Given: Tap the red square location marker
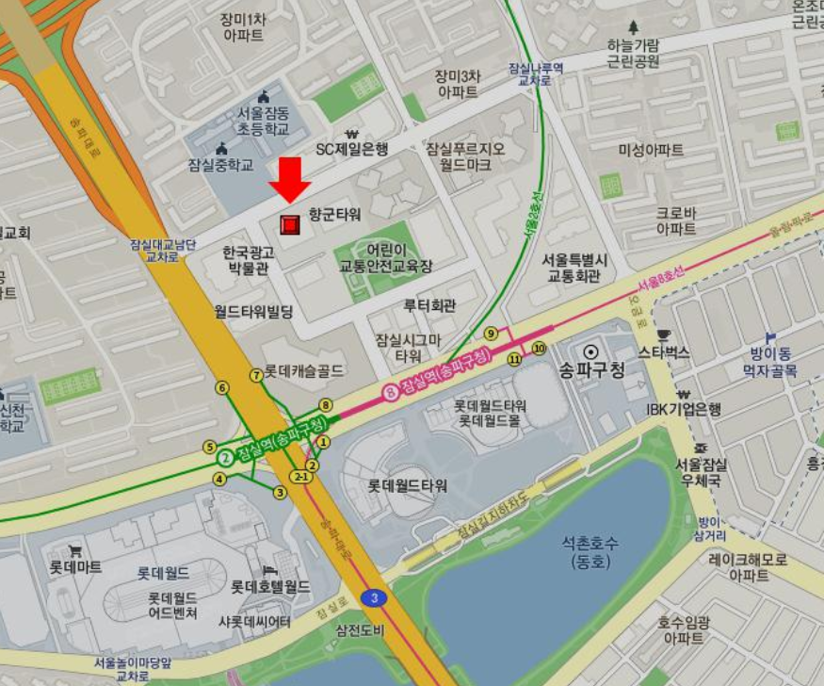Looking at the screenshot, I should [x=290, y=224].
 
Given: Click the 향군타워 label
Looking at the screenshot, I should [x=334, y=215].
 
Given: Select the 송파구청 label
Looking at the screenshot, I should [x=592, y=369].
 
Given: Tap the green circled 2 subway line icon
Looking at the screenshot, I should [x=226, y=459].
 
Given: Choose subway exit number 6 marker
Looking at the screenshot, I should [x=222, y=387].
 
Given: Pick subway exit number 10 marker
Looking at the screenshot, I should [x=539, y=348].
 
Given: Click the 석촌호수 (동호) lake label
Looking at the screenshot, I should [x=590, y=553].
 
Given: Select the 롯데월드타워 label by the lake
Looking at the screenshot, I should [x=408, y=486].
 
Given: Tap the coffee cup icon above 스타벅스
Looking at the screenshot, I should [x=664, y=335].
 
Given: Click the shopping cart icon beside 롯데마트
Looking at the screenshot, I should [x=74, y=551].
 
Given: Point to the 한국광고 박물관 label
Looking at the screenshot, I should [x=249, y=260].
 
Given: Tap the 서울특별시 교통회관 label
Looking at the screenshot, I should [x=575, y=268].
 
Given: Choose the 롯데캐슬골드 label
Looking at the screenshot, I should [x=303, y=370].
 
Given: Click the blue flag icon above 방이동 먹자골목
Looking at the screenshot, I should [x=770, y=336].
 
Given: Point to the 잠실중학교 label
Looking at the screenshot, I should [x=220, y=165].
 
